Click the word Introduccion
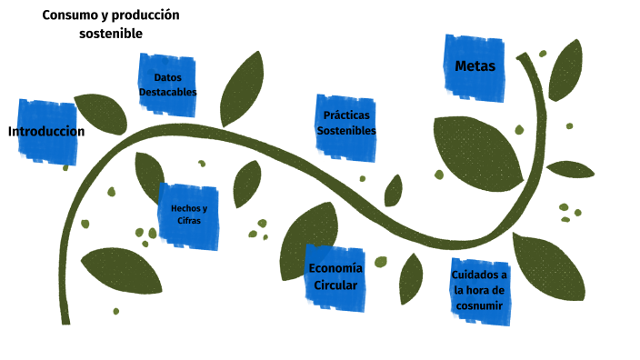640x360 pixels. click(x=46, y=131)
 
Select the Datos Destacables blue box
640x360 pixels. click(x=168, y=84)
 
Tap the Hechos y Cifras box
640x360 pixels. click(x=189, y=215)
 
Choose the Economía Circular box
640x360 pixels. click(x=335, y=277)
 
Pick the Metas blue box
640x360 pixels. click(x=475, y=65)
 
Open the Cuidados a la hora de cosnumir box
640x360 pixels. click(x=480, y=290)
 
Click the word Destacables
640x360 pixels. click(x=168, y=92)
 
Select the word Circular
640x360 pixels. click(x=335, y=285)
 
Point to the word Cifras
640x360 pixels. click(x=189, y=221)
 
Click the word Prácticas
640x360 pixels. click(x=346, y=115)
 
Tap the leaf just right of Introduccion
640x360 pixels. click(x=101, y=113)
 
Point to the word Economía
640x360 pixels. click(x=335, y=268)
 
